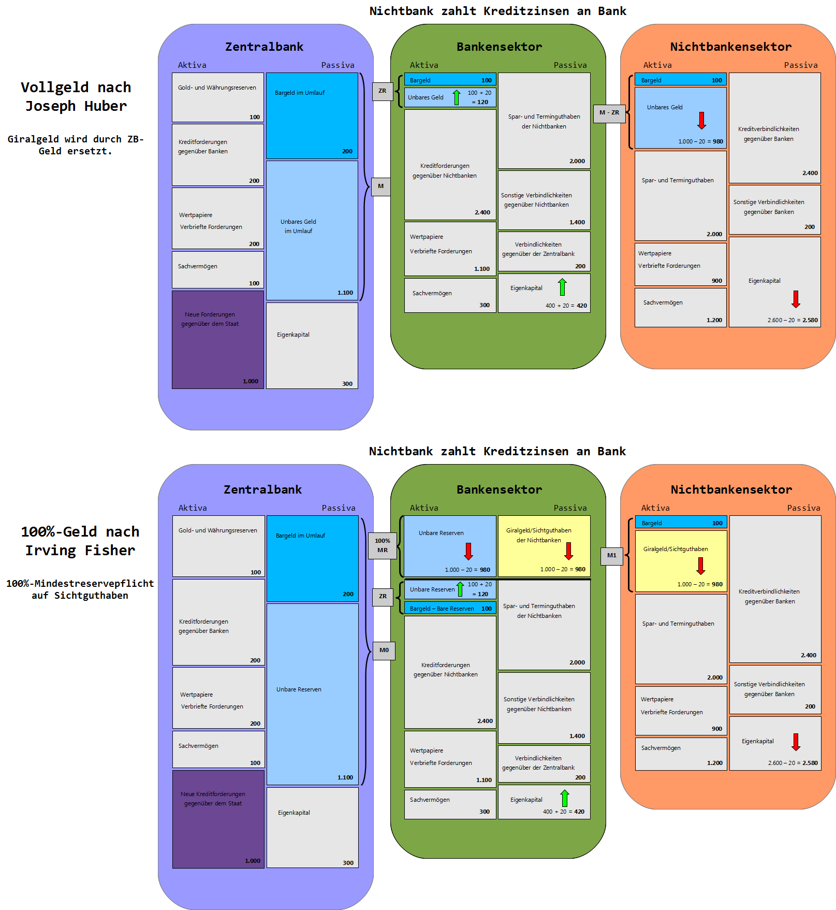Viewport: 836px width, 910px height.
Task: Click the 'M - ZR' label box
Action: pos(609,113)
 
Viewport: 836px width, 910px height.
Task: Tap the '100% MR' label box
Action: pos(383,546)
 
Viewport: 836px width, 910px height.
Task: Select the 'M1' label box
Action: pos(612,556)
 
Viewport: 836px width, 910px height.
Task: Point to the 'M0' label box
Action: pos(384,651)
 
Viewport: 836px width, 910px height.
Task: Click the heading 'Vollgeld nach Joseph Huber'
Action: pos(76,97)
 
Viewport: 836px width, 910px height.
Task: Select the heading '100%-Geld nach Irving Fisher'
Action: pos(80,541)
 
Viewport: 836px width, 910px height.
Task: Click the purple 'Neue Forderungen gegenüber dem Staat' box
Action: pos(218,340)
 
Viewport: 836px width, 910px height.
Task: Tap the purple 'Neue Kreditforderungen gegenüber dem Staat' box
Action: pos(218,819)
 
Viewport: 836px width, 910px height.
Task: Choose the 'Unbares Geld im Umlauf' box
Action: pos(312,230)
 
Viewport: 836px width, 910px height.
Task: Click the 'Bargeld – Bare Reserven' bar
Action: pos(450,609)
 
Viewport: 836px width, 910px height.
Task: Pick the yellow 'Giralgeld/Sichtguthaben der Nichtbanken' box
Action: pos(544,546)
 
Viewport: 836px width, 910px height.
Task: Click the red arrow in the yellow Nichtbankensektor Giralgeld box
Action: pos(701,566)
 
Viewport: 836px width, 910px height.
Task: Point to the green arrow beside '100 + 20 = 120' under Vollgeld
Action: pos(457,97)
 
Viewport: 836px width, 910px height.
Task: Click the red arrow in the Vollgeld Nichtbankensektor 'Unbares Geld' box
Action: pos(702,120)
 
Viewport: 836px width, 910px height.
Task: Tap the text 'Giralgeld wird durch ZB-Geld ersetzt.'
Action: pos(76,145)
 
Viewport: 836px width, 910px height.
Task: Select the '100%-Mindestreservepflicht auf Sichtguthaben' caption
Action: pos(80,589)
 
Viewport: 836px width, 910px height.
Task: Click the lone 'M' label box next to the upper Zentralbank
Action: pos(381,186)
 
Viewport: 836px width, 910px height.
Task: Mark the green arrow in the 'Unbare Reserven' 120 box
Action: pos(460,589)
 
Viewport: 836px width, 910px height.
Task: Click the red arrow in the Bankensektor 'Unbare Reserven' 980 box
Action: pos(468,551)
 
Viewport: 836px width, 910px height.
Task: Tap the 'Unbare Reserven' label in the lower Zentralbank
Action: pos(299,689)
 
